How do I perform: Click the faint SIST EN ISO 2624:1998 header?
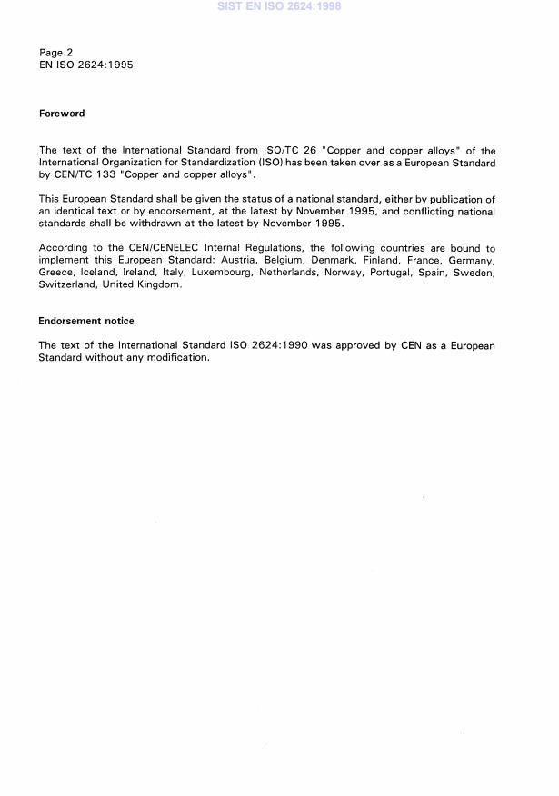pyautogui.click(x=279, y=6)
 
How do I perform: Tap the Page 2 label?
pyautogui.click(x=56, y=53)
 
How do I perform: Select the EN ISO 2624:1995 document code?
pyautogui.click(x=86, y=65)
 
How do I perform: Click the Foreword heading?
pyautogui.click(x=62, y=114)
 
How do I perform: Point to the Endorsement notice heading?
pyautogui.click(x=85, y=321)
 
